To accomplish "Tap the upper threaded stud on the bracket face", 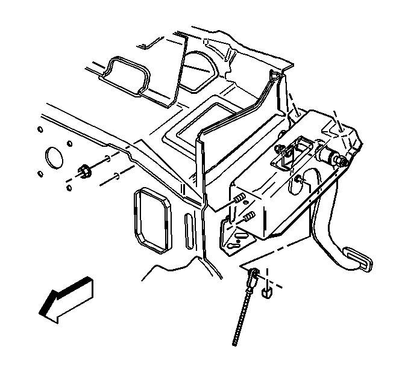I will pyautogui.click(x=238, y=198).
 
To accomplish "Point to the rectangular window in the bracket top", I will pyautogui.click(x=299, y=148).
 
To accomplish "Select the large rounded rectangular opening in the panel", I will pyautogui.click(x=152, y=221).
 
